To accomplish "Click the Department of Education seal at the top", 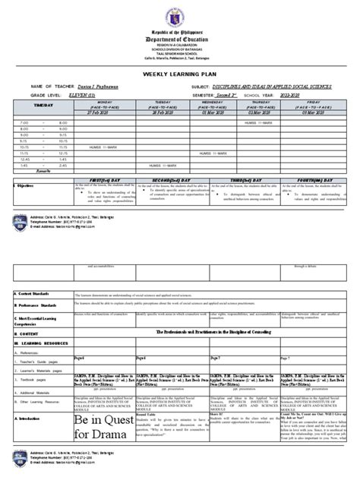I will (180, 15).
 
